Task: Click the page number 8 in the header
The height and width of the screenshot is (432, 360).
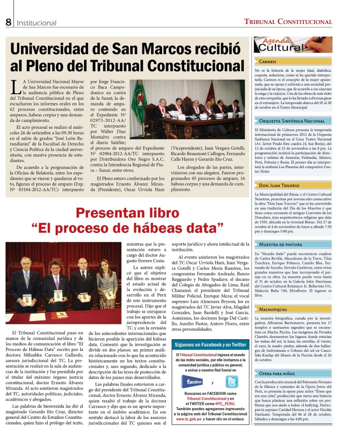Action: click(x=8, y=22)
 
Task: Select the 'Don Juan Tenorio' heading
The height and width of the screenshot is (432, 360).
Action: click(x=280, y=186)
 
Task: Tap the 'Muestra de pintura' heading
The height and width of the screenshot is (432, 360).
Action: click(x=282, y=245)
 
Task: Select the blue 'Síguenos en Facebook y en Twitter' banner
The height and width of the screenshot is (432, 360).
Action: click(x=210, y=345)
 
